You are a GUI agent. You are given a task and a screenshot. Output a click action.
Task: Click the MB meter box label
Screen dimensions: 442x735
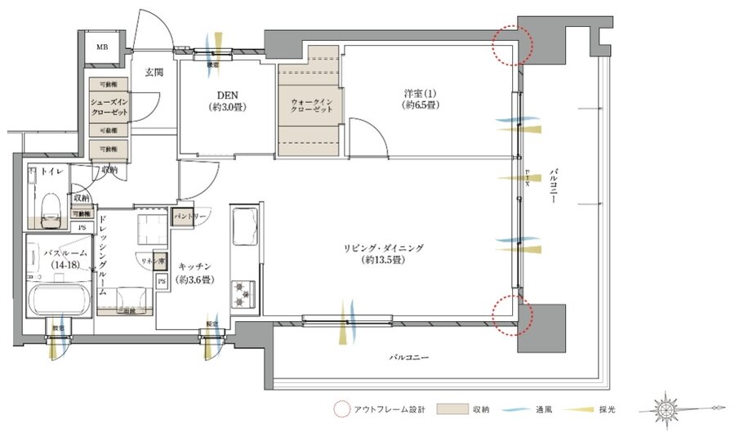pos(102,47)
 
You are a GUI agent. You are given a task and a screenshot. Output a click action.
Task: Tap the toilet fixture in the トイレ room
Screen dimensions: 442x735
pos(49,209)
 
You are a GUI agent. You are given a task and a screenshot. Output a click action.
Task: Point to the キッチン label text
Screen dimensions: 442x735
pos(197,266)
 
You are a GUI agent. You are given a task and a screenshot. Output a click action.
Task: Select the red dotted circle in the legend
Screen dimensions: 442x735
pos(341,409)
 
